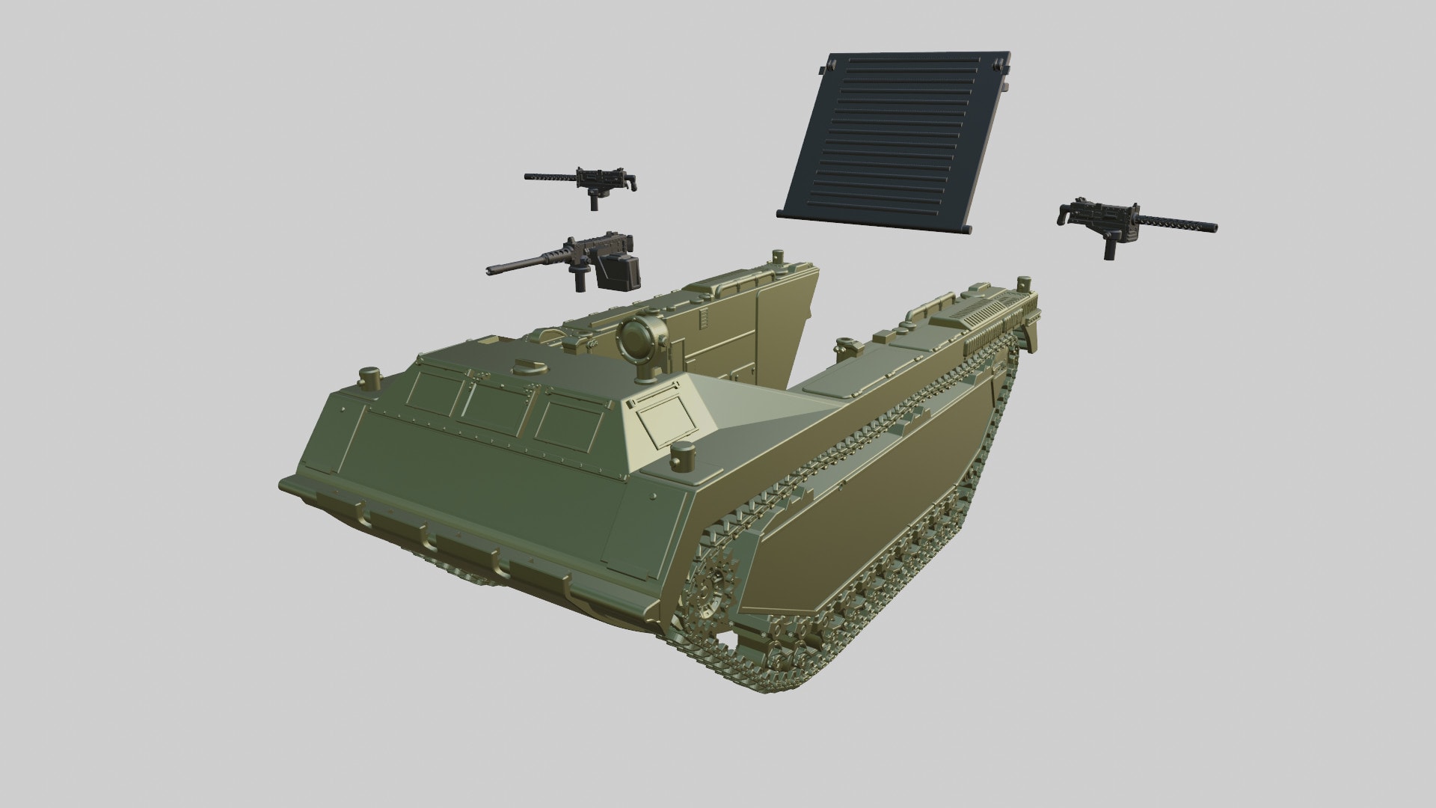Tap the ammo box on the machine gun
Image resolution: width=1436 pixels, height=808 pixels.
pyautogui.click(x=620, y=271)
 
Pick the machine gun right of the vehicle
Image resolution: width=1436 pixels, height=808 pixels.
pyautogui.click(x=1129, y=220)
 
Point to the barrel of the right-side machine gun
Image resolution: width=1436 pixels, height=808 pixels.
pyautogui.click(x=1178, y=224)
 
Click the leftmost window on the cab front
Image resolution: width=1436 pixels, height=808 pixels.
pyautogui.click(x=435, y=397)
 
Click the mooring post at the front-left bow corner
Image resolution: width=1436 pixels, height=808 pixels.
pyautogui.click(x=369, y=378)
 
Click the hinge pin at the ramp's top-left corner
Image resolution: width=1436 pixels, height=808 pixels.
pyautogui.click(x=822, y=68)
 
